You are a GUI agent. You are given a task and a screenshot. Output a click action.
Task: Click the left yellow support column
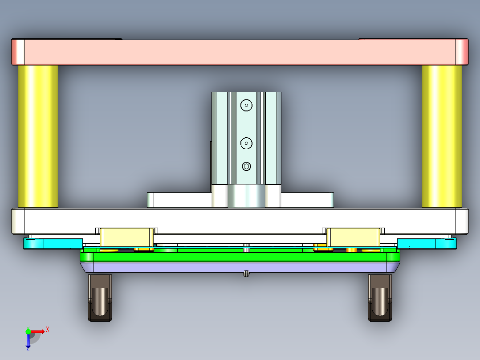[x=38, y=136]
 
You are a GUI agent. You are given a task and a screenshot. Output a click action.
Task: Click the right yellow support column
[x=442, y=136]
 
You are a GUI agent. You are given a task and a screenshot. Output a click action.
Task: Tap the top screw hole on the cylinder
[x=246, y=105]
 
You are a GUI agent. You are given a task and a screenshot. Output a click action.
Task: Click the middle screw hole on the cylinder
[x=246, y=143]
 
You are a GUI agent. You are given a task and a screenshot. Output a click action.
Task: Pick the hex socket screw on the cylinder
[x=246, y=167]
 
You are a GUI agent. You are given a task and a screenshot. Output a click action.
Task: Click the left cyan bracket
[x=53, y=243]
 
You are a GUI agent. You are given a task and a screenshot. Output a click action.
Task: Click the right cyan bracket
[x=427, y=243]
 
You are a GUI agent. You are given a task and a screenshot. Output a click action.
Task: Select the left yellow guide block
[x=126, y=237]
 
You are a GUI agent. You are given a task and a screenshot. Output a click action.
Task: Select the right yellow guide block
[x=354, y=237]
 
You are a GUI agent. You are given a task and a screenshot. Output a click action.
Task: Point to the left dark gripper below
[x=100, y=298]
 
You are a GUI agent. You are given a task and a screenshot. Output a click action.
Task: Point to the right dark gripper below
[x=380, y=298]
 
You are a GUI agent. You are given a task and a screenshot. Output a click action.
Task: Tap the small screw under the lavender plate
[x=246, y=274]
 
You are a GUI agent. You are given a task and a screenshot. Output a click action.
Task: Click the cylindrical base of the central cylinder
[x=246, y=196]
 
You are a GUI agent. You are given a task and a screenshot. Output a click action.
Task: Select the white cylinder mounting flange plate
[x=178, y=200]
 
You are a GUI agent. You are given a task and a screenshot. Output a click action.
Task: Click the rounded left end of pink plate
[x=18, y=52]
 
